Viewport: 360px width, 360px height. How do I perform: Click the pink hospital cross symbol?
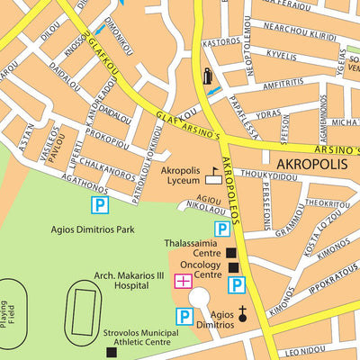(x=183, y=282)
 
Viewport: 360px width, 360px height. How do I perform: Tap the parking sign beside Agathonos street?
(x=97, y=206)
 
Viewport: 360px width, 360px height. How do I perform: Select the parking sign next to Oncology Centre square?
(x=237, y=286)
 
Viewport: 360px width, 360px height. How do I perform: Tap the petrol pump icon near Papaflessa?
(x=208, y=76)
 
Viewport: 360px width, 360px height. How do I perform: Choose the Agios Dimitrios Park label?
(x=93, y=230)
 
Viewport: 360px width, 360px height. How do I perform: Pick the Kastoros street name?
(x=220, y=41)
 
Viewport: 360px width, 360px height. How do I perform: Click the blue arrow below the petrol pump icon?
(x=213, y=92)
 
